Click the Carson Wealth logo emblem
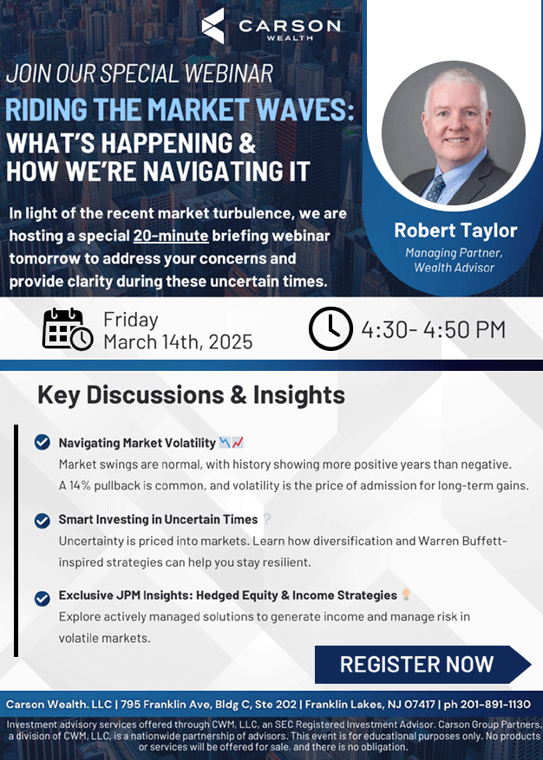[213, 26]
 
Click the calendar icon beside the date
[68, 329]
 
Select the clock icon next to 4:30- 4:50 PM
[330, 328]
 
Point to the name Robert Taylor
[455, 231]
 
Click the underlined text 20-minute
[171, 236]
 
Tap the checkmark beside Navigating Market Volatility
[43, 442]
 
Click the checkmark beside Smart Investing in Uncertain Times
[43, 521]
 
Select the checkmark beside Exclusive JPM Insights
[43, 599]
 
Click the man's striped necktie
[436, 187]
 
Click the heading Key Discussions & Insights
[191, 395]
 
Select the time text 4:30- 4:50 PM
[434, 329]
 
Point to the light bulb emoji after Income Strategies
[406, 594]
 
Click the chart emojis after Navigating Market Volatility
[232, 442]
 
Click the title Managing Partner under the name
[454, 252]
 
